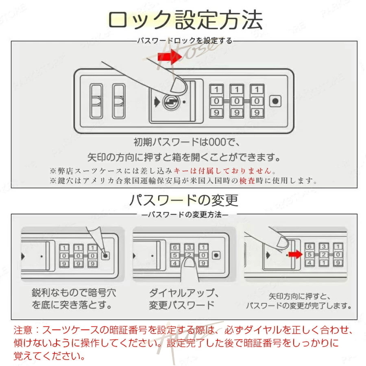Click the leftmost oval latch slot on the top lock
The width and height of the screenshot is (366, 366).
(x=96, y=101)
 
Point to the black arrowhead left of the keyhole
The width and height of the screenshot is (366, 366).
(x=156, y=101)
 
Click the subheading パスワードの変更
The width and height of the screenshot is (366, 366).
(x=184, y=200)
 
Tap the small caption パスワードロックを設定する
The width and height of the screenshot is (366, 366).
(x=184, y=41)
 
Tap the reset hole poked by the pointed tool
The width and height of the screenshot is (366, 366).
(x=105, y=256)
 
